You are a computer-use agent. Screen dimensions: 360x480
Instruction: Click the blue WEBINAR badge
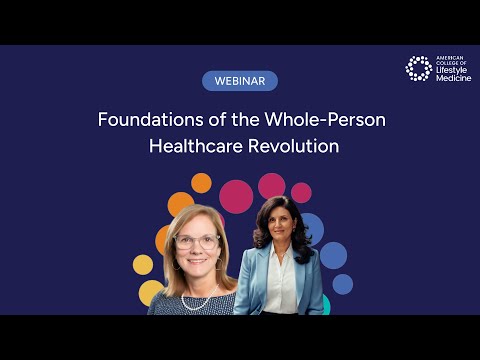[239, 81]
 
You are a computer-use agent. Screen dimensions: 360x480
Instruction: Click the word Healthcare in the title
[194, 145]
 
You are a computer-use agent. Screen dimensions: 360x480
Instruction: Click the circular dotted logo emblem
[418, 68]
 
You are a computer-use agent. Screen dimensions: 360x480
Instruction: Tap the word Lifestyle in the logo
[453, 72]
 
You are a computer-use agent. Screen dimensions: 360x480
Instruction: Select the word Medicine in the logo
[452, 79]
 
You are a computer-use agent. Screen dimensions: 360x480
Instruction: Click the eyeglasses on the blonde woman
[198, 241]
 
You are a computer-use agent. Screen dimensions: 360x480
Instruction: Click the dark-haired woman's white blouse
[281, 292]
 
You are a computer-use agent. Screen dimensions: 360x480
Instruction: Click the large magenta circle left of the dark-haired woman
[236, 196]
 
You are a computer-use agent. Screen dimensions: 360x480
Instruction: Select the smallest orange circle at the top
[201, 183]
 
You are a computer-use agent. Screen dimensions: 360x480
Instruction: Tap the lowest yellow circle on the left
[150, 292]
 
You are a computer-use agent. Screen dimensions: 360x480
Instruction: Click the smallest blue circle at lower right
[343, 284]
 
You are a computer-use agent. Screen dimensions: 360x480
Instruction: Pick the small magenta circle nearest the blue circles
[301, 193]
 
